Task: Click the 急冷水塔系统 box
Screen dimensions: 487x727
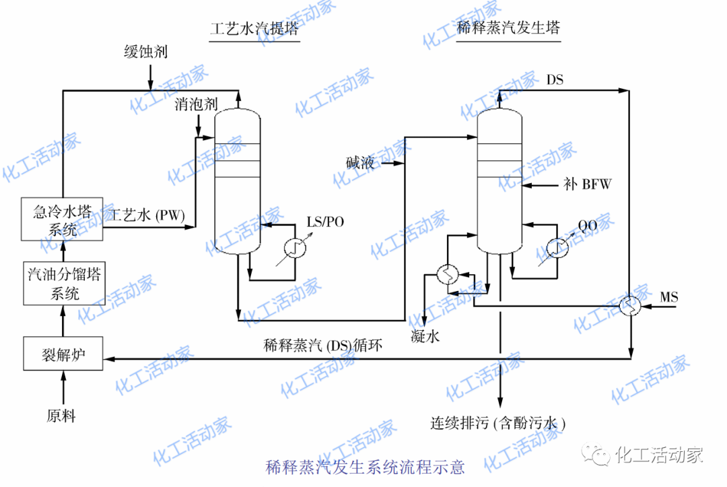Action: click(x=62, y=219)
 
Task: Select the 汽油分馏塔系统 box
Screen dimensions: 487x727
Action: click(x=62, y=284)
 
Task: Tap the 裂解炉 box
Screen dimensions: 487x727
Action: click(x=62, y=354)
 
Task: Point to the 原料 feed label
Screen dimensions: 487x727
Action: click(x=61, y=415)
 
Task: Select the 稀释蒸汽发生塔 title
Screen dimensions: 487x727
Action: click(x=508, y=28)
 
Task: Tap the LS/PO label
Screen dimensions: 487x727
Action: click(x=325, y=222)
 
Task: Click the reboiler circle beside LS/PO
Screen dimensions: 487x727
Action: click(x=295, y=249)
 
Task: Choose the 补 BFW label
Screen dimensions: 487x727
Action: click(x=587, y=184)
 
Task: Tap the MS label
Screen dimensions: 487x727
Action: click(x=669, y=297)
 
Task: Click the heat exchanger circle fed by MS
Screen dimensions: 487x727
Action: click(x=631, y=306)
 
